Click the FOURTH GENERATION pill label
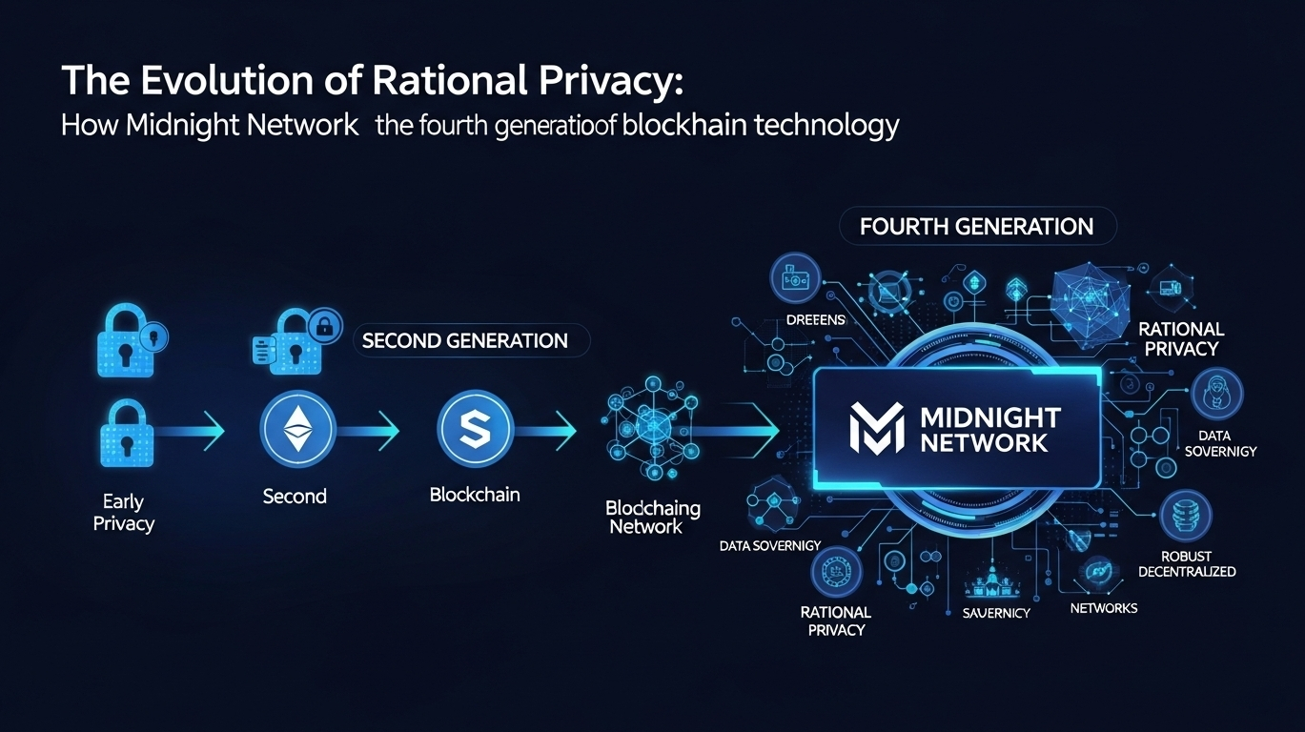(976, 227)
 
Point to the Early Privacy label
(123, 512)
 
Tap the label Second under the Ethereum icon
(295, 496)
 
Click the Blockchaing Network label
(653, 517)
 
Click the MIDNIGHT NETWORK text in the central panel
(990, 430)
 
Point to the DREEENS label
(815, 320)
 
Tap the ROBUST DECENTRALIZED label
(1186, 563)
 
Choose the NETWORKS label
(1104, 608)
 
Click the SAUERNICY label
(995, 613)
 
